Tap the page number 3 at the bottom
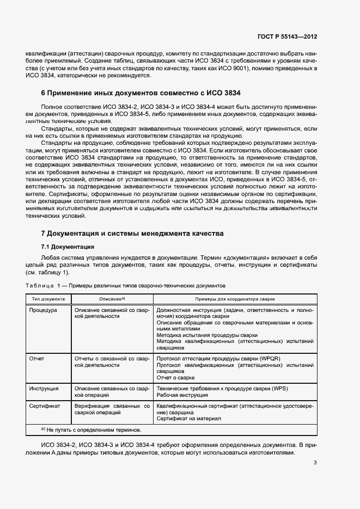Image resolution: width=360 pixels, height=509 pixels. pyautogui.click(x=315, y=463)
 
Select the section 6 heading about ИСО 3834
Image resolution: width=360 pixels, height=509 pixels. pyautogui.click(x=141, y=93)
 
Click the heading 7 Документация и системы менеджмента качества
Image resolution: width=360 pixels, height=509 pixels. pyautogui.click(x=132, y=234)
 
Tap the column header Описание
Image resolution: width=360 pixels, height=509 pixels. pyautogui.click(x=112, y=299)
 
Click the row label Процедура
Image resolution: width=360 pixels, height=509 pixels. pyautogui.click(x=44, y=309)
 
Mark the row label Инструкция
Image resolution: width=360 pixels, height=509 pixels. pyautogui.click(x=45, y=388)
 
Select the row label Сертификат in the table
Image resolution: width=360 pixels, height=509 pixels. pyautogui.click(x=45, y=406)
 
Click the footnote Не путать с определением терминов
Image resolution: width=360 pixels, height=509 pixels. pyautogui.click(x=91, y=429)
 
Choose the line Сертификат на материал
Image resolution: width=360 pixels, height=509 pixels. pyautogui.click(x=188, y=419)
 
